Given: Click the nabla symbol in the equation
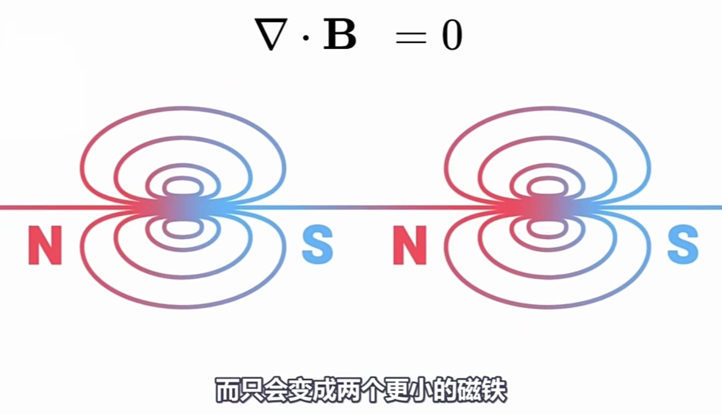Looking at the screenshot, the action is pos(271,36).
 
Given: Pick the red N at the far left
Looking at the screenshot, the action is pos(45,245).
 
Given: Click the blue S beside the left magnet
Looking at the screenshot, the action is pos(317,245).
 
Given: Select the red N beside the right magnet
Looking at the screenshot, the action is pos(410,245).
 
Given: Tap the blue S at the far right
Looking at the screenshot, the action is pos(682,245).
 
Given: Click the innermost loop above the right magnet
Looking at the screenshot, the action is pos(548,186).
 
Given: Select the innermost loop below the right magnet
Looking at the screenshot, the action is pos(548,228).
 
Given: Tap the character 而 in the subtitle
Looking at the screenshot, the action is pos(228,390).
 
